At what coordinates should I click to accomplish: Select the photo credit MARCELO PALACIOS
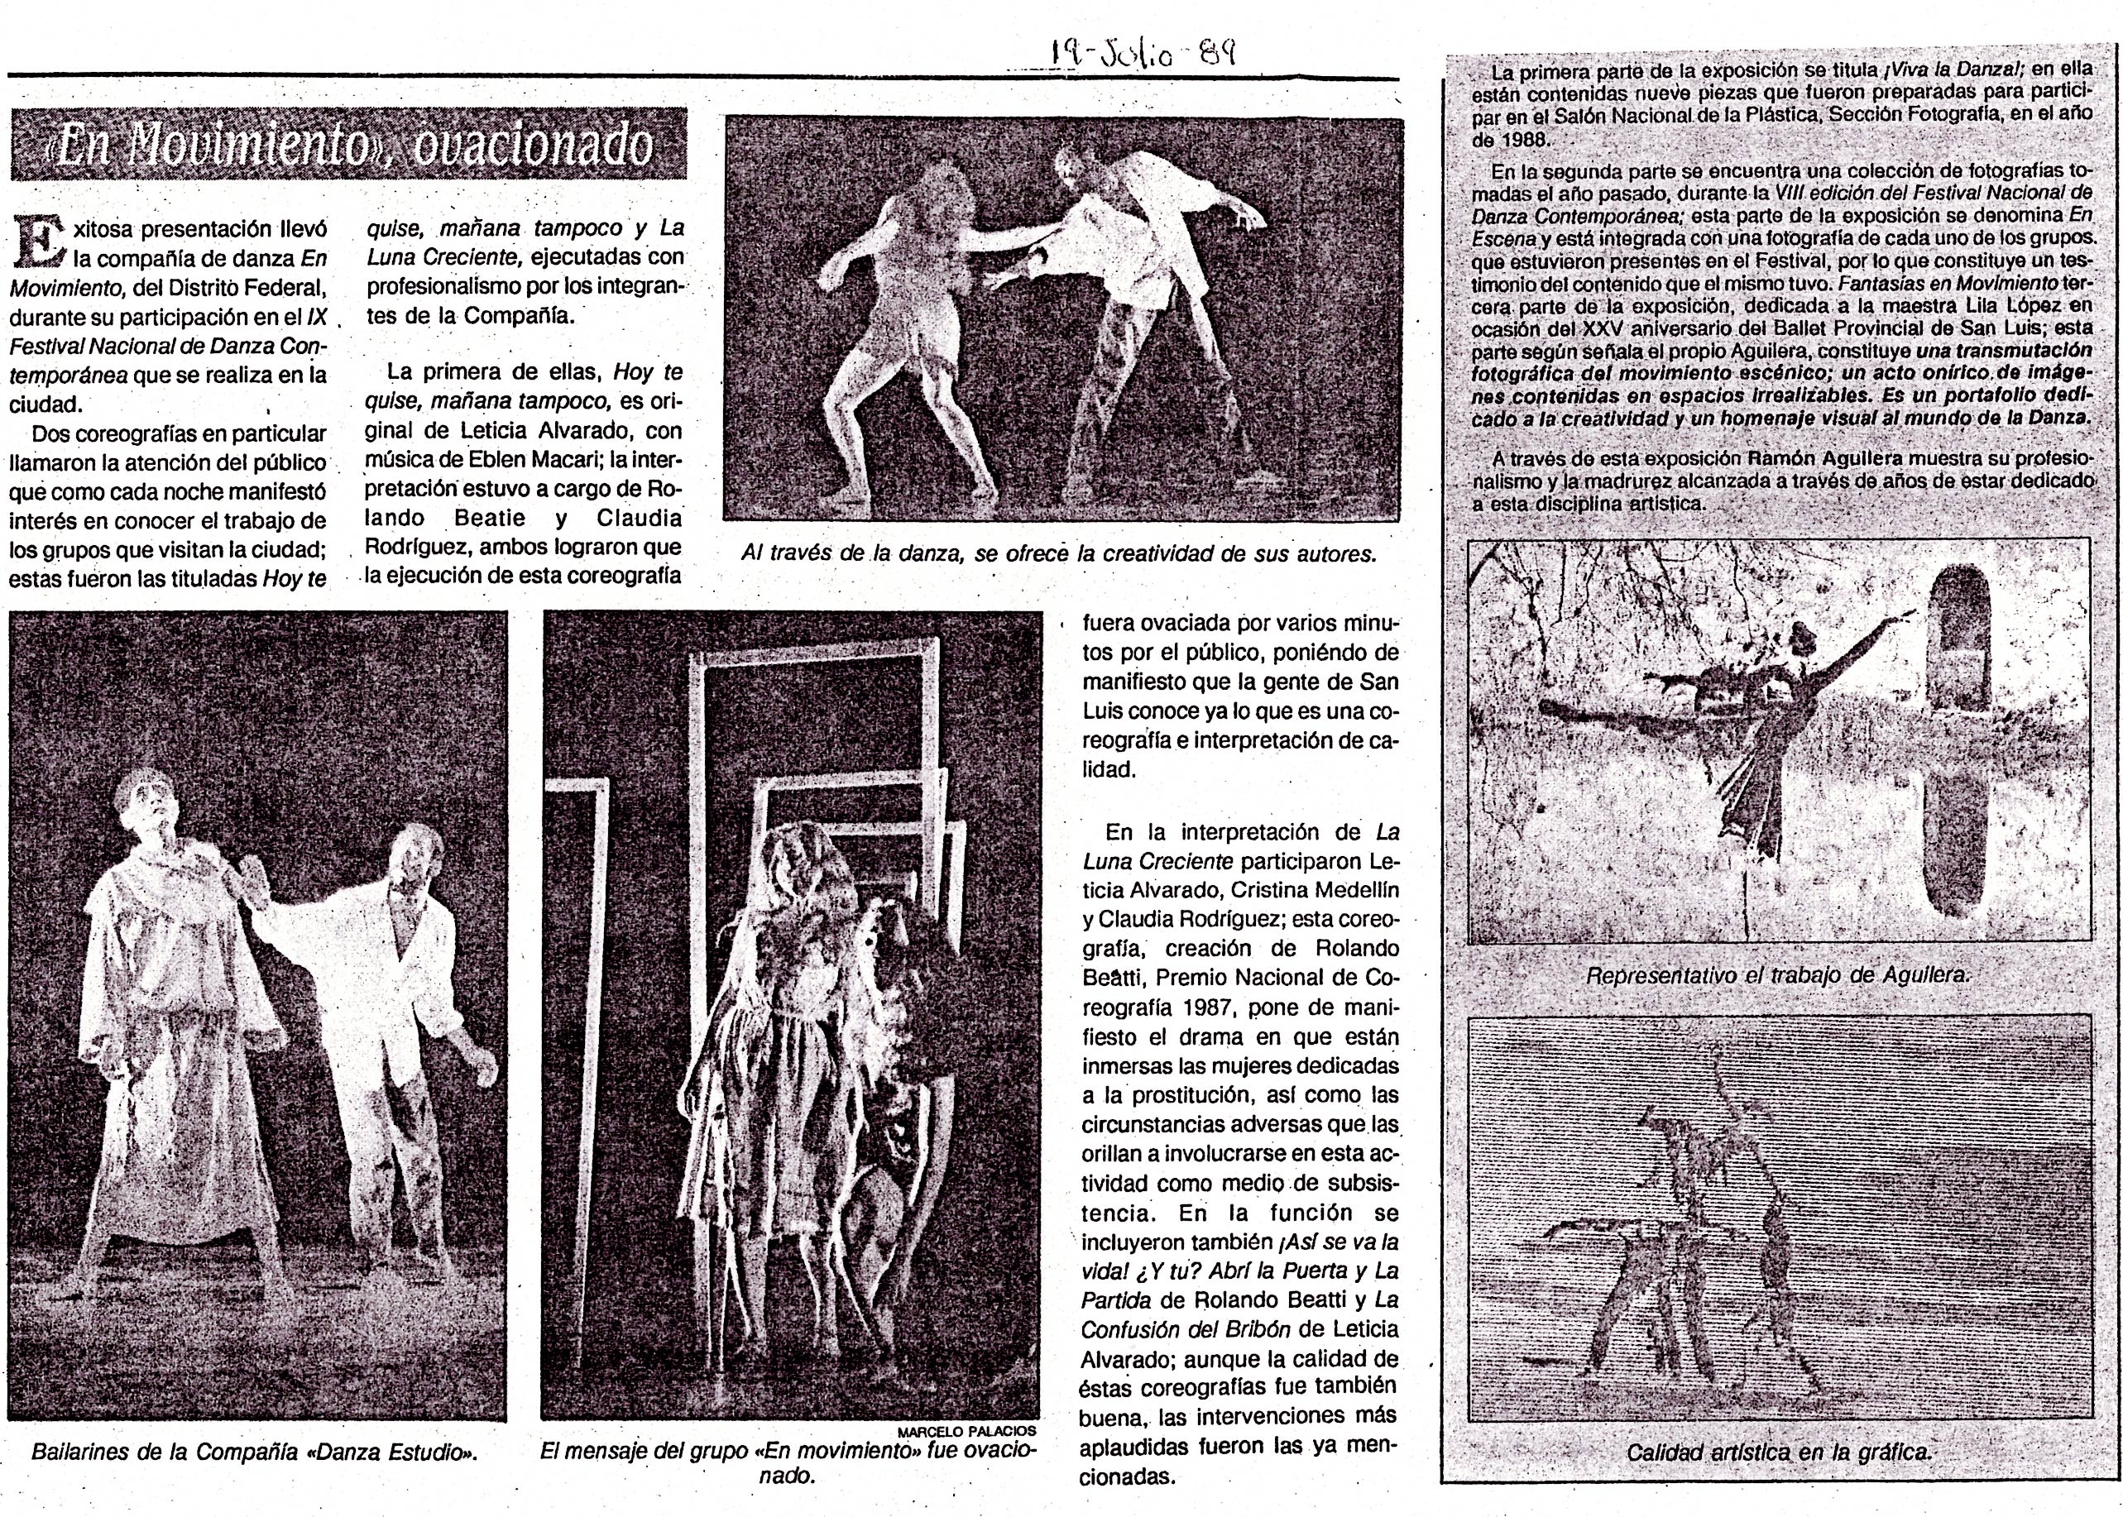pyautogui.click(x=966, y=1431)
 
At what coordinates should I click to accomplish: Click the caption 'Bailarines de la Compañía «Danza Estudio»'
pyautogui.click(x=254, y=1452)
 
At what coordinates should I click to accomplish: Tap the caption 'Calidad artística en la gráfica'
pyautogui.click(x=1778, y=1452)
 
